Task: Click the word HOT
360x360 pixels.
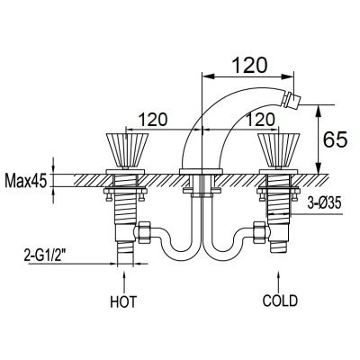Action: click(123, 301)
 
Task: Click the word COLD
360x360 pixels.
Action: click(280, 301)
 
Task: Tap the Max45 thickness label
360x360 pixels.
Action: click(26, 181)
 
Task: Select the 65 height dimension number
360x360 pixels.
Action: click(335, 139)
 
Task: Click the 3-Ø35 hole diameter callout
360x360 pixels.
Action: click(324, 204)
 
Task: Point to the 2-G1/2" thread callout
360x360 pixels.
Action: click(45, 256)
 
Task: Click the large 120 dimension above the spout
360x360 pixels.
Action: click(249, 65)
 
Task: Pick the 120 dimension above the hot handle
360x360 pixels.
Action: click(153, 120)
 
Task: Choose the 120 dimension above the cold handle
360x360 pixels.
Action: click(260, 120)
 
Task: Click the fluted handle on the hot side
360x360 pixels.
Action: click(127, 150)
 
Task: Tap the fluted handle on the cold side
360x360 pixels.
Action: click(278, 150)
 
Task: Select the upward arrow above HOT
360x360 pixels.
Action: click(124, 282)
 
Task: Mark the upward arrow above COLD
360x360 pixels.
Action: click(279, 282)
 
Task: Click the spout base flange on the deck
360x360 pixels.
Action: click(201, 171)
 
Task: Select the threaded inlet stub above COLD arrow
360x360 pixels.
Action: click(279, 247)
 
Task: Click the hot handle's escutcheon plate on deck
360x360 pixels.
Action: click(125, 172)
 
